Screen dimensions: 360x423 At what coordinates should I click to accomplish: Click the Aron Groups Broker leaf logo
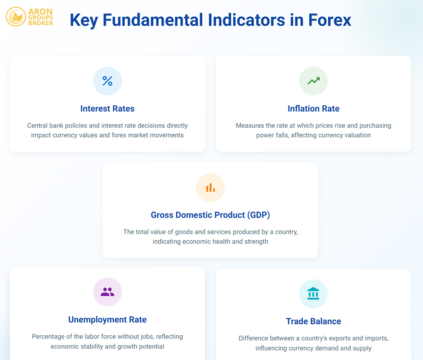(x=16, y=17)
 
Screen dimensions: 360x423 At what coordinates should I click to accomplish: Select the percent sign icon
(x=107, y=81)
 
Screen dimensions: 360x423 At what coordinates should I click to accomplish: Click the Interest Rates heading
(x=107, y=108)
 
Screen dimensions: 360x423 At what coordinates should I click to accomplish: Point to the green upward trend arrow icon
(x=313, y=81)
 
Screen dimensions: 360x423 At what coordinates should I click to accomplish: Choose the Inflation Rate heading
(x=313, y=108)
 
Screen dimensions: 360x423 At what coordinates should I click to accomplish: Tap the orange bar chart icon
(x=210, y=188)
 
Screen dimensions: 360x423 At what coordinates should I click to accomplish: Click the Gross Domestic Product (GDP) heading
(x=210, y=215)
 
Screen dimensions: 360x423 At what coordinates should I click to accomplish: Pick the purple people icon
(x=107, y=292)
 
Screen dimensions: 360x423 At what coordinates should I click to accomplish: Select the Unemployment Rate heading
(x=107, y=319)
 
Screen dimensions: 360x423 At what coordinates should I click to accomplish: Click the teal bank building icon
(x=313, y=293)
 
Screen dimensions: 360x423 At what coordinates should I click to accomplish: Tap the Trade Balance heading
(x=313, y=321)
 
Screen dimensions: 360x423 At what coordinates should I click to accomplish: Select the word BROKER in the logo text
(x=41, y=23)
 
